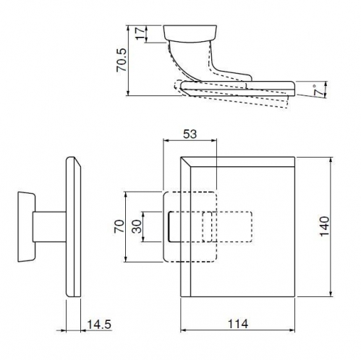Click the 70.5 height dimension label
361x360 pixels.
122,60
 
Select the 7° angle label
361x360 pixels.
318,90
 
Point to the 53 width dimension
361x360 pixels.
190,134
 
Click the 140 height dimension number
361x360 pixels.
325,226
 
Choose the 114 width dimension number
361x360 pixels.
238,324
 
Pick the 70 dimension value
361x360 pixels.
120,226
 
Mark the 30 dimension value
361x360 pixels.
137,226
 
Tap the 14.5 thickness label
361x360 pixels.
99,325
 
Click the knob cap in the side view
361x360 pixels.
27,227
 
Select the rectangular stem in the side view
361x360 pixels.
49,227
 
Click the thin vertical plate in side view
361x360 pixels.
74,227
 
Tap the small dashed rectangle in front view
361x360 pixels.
208,227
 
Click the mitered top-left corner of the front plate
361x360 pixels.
181,157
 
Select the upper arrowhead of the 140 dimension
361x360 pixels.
331,160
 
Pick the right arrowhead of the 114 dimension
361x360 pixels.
292,330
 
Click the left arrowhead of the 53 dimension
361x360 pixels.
166,140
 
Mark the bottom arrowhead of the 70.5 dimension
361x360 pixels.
128,93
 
